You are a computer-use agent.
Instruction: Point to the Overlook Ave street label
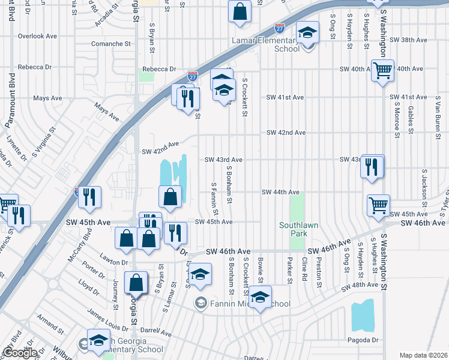click(37, 36)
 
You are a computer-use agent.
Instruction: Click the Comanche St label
click(110, 44)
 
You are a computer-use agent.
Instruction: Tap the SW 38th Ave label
click(408, 40)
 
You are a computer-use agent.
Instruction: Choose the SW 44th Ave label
click(280, 192)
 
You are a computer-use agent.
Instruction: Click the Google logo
click(20, 353)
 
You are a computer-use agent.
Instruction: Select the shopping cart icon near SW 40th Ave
click(382, 71)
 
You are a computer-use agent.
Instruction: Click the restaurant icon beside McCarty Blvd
click(89, 197)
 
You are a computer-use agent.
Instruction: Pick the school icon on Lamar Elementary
click(307, 32)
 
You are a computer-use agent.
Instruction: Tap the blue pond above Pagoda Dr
click(363, 316)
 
